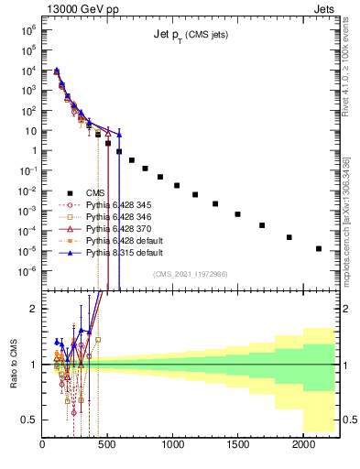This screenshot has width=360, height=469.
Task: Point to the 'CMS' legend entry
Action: pyautogui.click(x=95, y=192)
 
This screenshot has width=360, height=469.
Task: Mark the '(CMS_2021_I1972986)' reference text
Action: pyautogui.click(x=191, y=274)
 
